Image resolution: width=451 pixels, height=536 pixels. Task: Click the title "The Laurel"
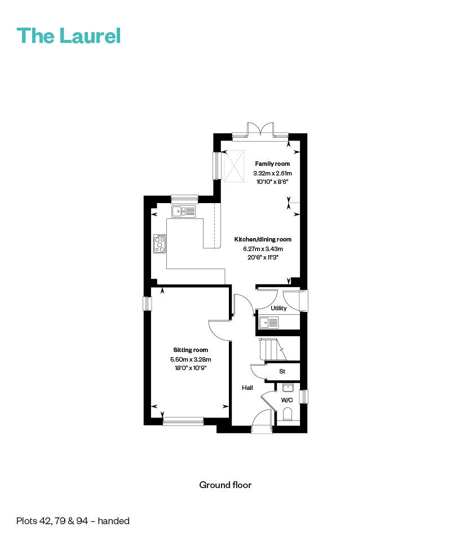pos(69,36)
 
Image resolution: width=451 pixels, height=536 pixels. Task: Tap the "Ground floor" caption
pos(225,485)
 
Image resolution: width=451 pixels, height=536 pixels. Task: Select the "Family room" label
pos(272,164)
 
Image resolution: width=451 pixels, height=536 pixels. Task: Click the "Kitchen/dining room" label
pos(263,239)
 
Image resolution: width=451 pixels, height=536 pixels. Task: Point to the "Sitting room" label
pos(191,350)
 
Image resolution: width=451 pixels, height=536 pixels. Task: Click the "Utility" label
pos(278,308)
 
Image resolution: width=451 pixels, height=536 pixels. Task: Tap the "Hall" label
pos(247,388)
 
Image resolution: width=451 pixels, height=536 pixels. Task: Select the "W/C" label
pos(287,400)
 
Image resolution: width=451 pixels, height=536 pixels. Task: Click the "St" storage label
pos(282,371)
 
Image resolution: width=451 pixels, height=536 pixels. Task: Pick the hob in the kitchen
pos(160,243)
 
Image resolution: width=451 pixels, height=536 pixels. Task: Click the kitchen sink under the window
pos(184,211)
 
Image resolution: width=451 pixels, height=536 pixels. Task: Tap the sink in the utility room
pos(269,322)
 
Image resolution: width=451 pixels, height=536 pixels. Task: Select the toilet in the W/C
pos(288,415)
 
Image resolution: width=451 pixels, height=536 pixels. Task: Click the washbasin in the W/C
pos(288,388)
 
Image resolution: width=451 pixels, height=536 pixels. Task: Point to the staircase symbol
pos(273,349)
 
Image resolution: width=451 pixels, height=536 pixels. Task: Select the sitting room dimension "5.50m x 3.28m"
pos(191,359)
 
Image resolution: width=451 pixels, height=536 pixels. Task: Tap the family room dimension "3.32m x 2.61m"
pos(272,173)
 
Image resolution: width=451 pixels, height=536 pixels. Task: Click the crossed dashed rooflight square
pos(234,166)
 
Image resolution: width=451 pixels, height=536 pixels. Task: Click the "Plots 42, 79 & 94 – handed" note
pos(73,521)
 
